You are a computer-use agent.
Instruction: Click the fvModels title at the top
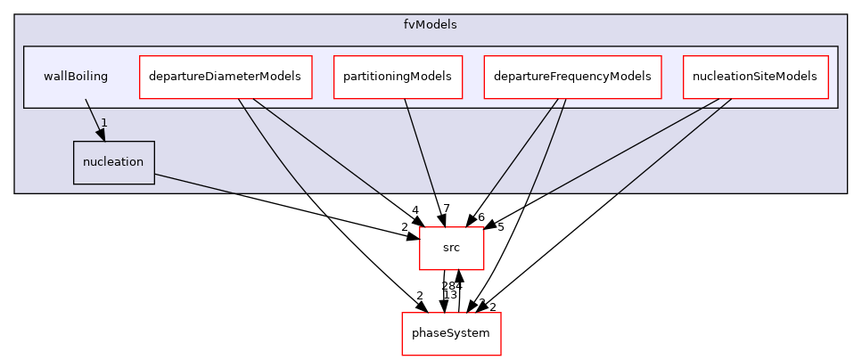(430, 25)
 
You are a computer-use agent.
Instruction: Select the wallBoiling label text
(76, 77)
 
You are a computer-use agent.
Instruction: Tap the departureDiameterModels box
(226, 77)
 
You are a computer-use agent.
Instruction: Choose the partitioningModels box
(398, 77)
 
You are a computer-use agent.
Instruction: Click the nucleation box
(113, 162)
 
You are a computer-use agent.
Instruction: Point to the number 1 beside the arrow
(104, 122)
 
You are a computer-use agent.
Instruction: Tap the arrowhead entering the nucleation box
(102, 135)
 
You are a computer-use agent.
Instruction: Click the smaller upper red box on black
(451, 249)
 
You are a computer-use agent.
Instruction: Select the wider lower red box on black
(451, 334)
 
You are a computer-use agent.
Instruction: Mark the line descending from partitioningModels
(419, 144)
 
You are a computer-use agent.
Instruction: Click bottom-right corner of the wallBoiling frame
(838, 108)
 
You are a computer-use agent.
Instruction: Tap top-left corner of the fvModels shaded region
(15, 15)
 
